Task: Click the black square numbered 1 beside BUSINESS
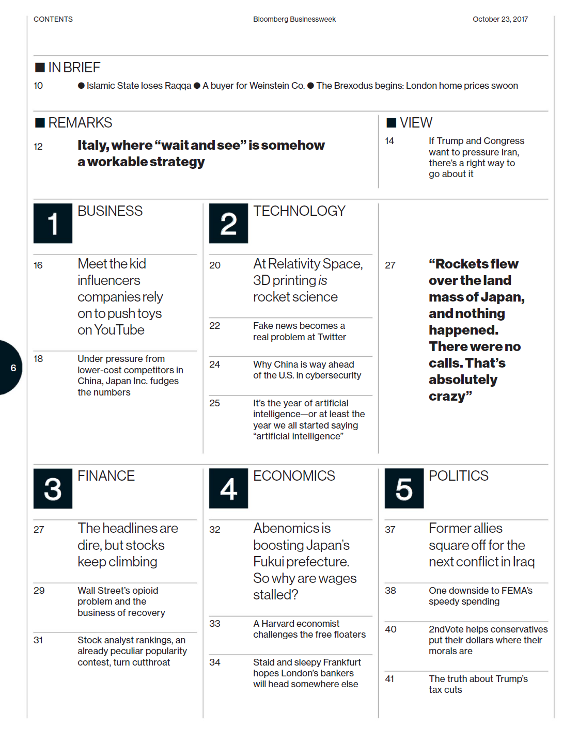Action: (53, 224)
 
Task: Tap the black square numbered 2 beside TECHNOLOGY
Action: (228, 224)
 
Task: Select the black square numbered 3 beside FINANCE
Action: (53, 488)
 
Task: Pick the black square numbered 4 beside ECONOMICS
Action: (228, 488)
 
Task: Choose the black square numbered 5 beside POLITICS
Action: (404, 488)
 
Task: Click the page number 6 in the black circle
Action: (13, 368)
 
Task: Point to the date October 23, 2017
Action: (500, 19)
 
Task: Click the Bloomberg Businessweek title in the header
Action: (294, 19)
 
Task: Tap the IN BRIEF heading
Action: (74, 68)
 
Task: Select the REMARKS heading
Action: (80, 123)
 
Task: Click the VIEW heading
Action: (416, 123)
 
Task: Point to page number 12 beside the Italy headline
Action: (38, 147)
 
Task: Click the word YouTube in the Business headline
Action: (119, 330)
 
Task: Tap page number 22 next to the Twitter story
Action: (215, 326)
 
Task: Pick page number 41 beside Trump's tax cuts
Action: (389, 679)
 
